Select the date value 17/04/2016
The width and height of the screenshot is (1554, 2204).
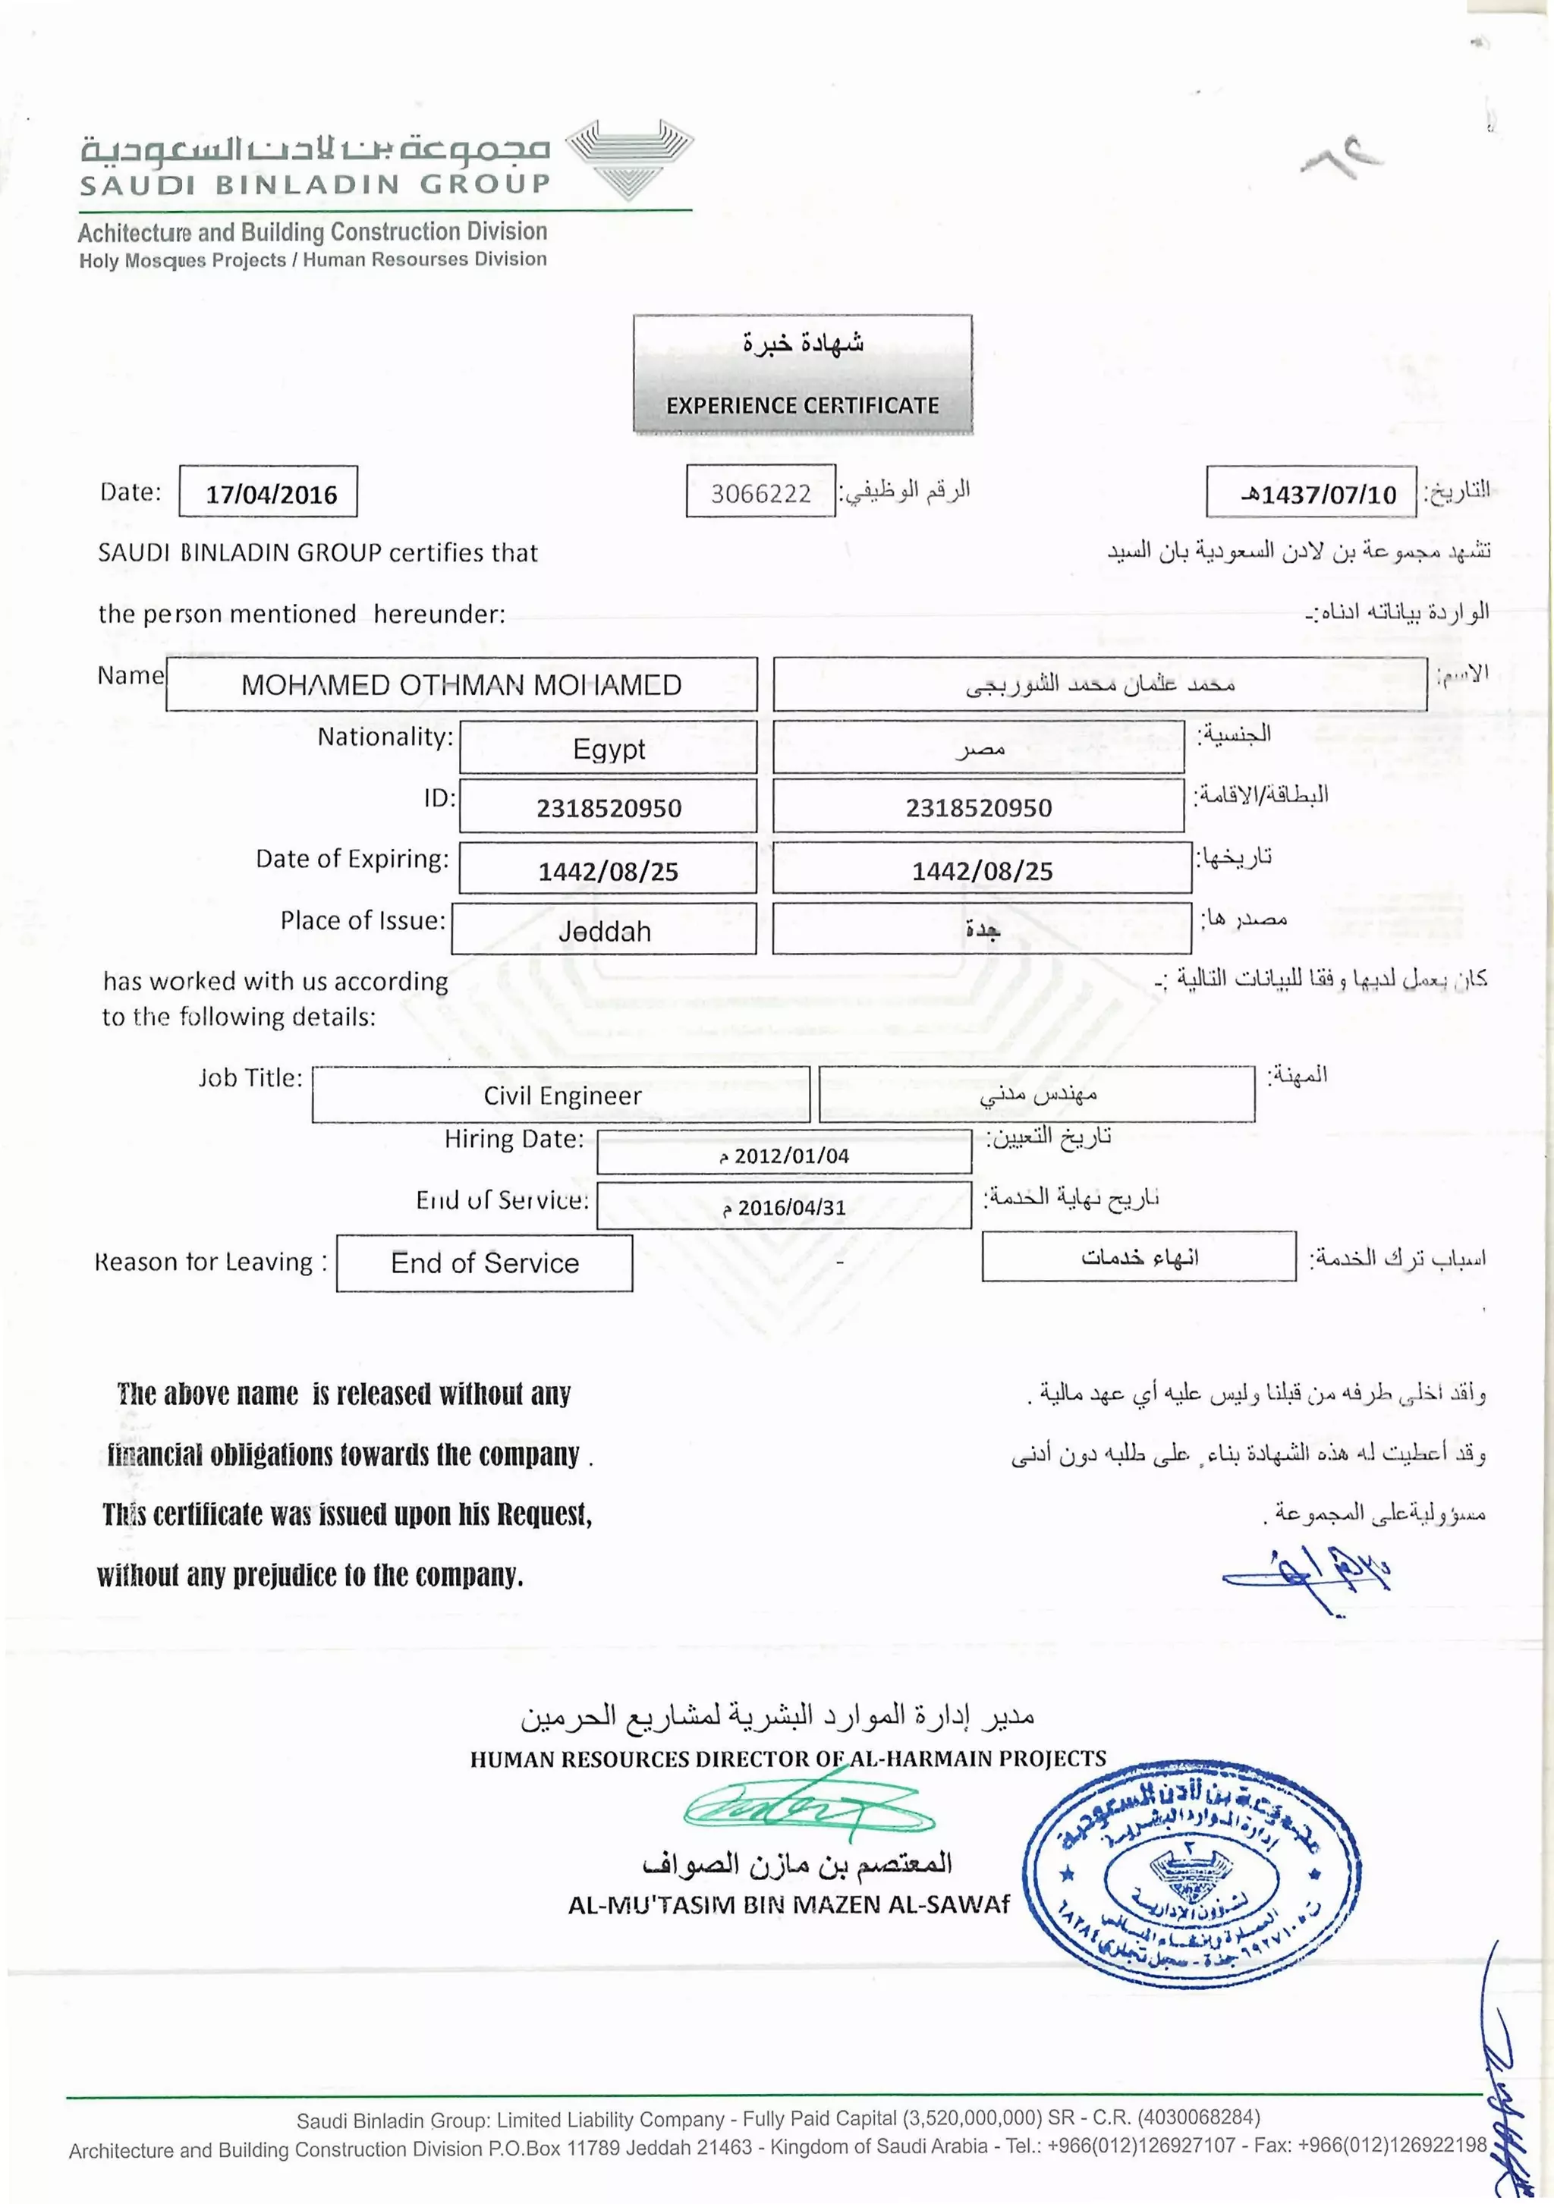point(271,495)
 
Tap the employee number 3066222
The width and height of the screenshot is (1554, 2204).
point(760,493)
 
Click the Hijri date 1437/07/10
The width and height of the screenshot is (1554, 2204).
point(1319,495)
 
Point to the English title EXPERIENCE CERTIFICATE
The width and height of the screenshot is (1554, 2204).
point(803,405)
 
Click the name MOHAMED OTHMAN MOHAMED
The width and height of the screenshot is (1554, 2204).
point(461,684)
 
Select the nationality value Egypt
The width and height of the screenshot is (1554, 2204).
point(609,749)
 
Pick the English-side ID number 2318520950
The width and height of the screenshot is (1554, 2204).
point(609,808)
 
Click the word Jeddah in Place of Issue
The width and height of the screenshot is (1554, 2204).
point(605,931)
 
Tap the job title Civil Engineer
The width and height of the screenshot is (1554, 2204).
point(562,1096)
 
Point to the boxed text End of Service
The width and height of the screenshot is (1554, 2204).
point(485,1263)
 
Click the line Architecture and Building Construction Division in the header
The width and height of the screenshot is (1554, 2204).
point(312,232)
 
